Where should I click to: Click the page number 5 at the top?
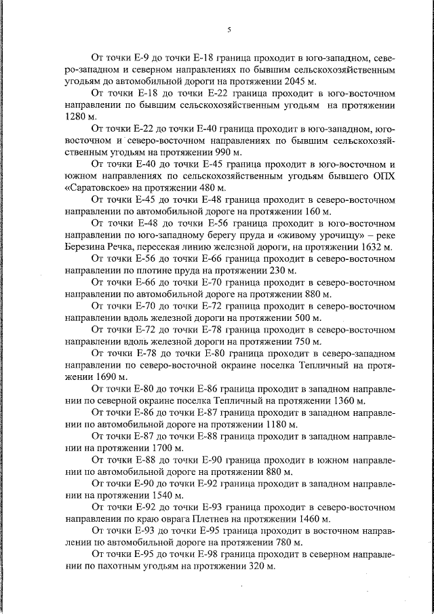coord(229,29)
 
